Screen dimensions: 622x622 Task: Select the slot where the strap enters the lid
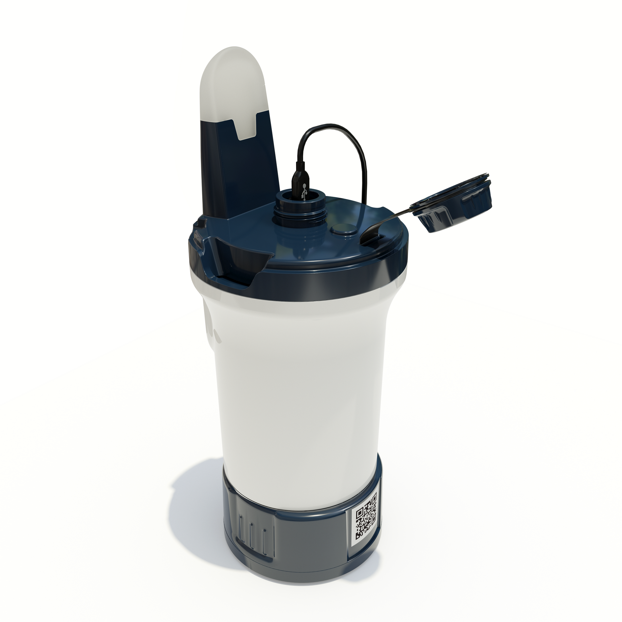(370, 238)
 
